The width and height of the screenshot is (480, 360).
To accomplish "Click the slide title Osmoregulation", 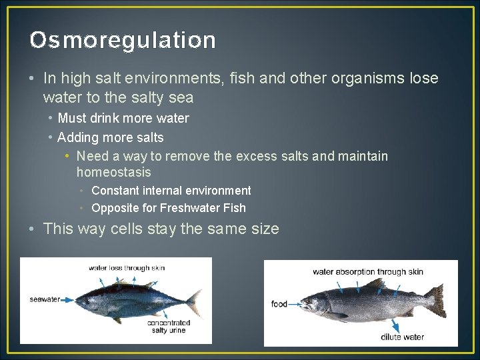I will (123, 41).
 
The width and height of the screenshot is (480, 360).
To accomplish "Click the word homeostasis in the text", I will (113, 173).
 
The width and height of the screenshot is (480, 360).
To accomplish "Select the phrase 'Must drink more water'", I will (123, 119).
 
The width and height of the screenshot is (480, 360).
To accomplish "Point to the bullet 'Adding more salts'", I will (111, 138).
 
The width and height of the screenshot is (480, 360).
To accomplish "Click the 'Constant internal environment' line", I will (171, 191).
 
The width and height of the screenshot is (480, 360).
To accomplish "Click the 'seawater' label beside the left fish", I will (45, 300).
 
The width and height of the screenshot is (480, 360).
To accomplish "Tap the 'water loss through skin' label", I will (127, 268).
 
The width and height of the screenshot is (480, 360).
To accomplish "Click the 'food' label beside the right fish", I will (279, 304).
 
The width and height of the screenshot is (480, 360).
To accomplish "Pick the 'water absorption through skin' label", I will (368, 272).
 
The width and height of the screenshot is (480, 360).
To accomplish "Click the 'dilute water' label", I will (402, 337).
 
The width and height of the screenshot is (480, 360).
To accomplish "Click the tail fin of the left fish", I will (194, 303).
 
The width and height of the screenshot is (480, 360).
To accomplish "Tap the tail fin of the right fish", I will (436, 301).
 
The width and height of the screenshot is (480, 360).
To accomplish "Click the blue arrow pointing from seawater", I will (69, 300).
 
